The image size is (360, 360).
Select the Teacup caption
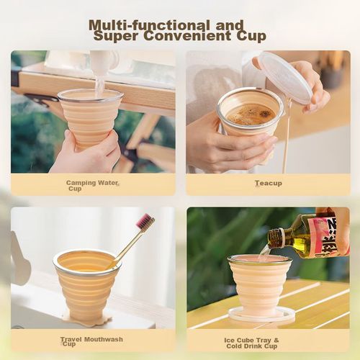268,184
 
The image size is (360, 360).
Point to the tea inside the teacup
250,113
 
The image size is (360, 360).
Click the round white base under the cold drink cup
261,314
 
